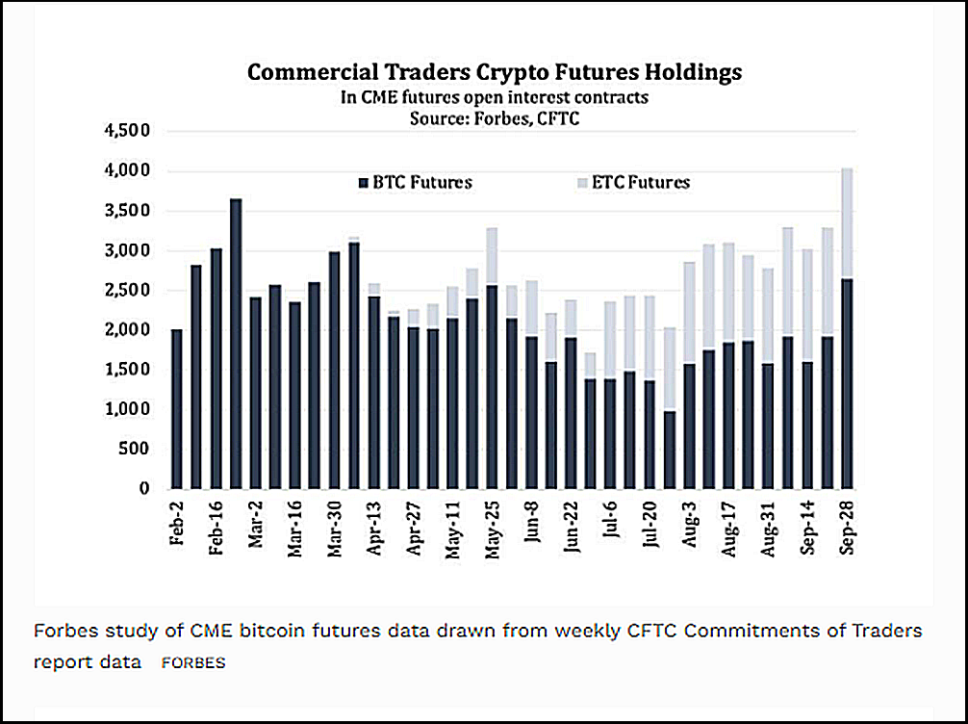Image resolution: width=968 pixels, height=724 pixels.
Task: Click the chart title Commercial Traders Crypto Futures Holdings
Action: (495, 73)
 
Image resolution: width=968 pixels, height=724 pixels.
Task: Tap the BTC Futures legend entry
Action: (414, 182)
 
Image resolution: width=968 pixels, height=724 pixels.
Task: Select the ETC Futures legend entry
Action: (634, 182)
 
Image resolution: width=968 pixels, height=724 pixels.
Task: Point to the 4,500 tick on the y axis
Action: (130, 132)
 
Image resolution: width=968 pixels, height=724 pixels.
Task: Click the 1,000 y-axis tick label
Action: (130, 410)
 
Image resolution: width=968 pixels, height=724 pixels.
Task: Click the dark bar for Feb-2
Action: (177, 409)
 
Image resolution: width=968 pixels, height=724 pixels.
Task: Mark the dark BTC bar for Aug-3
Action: (689, 426)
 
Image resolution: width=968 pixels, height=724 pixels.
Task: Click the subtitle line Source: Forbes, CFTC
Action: (495, 116)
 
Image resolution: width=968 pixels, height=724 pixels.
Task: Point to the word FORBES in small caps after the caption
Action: (193, 663)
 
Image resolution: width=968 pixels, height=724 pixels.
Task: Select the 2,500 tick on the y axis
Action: (130, 291)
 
